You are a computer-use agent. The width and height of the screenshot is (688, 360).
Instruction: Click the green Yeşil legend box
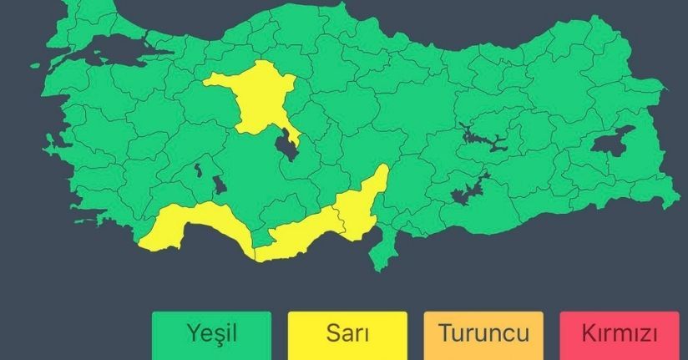click(x=212, y=335)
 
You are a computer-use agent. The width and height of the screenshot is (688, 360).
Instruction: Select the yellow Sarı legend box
click(x=347, y=335)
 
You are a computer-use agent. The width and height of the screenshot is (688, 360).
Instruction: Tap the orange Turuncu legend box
click(x=483, y=335)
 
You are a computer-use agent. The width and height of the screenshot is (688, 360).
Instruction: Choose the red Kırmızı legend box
click(x=620, y=335)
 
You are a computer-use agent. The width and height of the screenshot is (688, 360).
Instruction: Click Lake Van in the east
click(x=614, y=144)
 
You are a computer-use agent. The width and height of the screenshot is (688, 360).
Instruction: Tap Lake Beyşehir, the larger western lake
click(x=218, y=185)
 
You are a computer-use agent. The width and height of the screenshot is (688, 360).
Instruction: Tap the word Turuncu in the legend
click(x=483, y=335)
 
